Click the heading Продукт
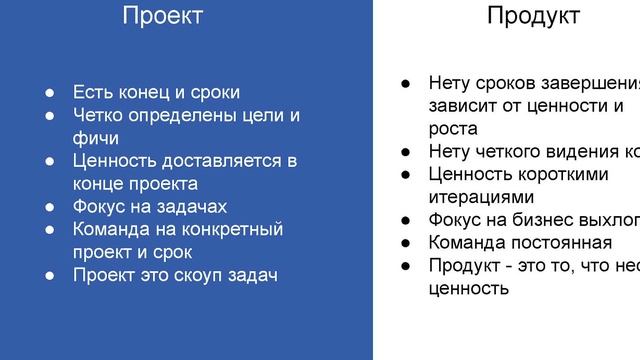(x=533, y=16)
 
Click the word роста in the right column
(x=452, y=129)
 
